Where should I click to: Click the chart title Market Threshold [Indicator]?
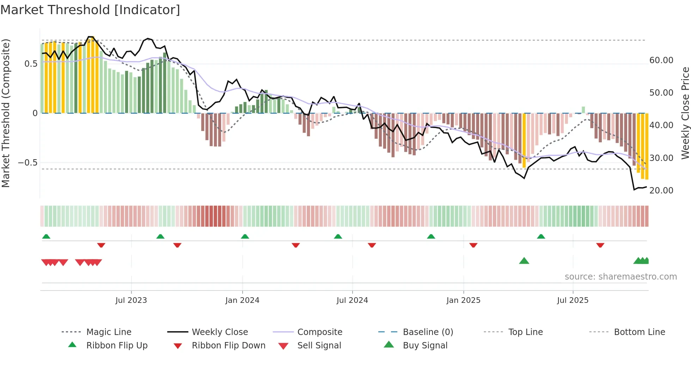tap(90, 10)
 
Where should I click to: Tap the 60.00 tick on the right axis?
tap(661, 60)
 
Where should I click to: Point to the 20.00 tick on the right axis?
tap(661, 191)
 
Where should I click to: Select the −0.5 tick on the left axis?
tap(27, 163)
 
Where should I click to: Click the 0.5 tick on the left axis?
tap(31, 64)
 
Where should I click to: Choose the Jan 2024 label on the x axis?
tap(242, 300)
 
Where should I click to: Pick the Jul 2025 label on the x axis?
tap(573, 300)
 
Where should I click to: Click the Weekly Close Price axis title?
tap(685, 113)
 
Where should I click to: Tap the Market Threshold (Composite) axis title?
tap(6, 113)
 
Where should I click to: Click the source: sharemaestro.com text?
tap(620, 277)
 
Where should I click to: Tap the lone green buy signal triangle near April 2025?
tap(524, 261)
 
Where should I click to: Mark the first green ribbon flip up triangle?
tap(46, 237)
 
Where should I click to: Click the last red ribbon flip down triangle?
tap(600, 245)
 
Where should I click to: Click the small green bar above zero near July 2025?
tap(583, 110)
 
